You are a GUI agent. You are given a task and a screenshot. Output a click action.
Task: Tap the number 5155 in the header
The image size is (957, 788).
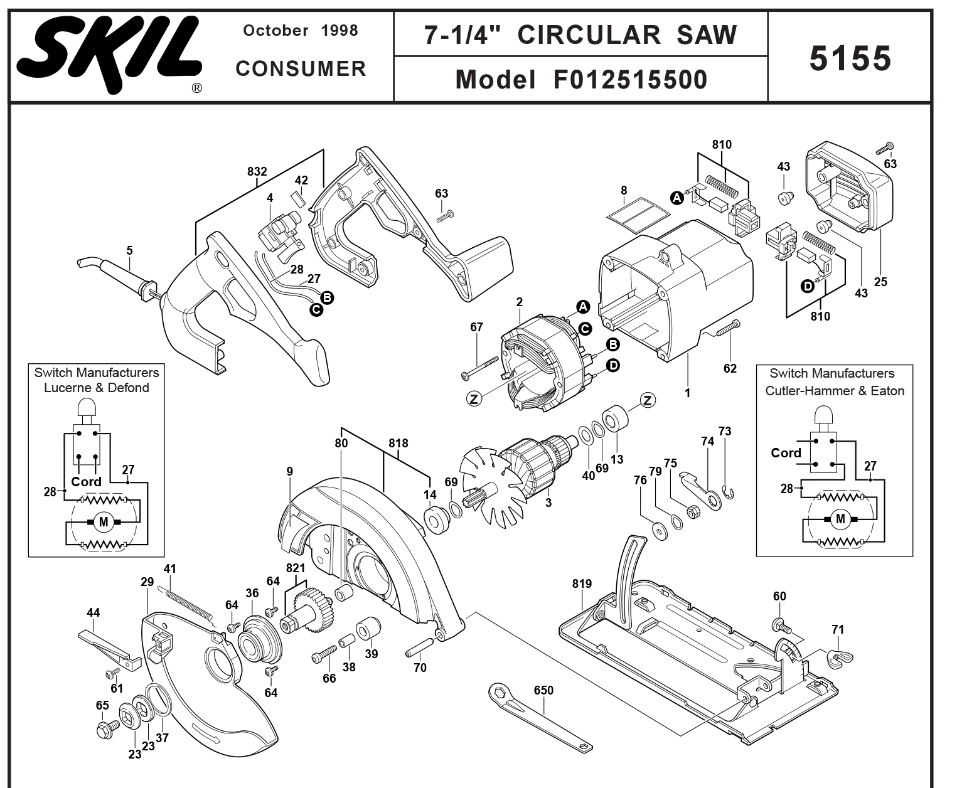[x=850, y=58]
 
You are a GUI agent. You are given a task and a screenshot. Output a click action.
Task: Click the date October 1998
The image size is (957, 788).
[x=300, y=30]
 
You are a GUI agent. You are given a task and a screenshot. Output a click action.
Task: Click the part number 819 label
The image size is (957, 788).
[x=582, y=584]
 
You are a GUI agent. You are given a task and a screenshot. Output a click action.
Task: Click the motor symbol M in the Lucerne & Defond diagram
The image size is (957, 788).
[x=104, y=521]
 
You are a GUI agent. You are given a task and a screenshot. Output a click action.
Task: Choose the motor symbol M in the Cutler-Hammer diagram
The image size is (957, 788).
[x=840, y=519]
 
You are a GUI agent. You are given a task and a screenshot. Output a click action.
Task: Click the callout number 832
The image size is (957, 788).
[x=257, y=171]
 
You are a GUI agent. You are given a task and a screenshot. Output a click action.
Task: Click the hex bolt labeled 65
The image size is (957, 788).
[x=105, y=730]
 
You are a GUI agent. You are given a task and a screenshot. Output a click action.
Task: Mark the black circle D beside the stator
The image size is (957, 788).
[x=612, y=365]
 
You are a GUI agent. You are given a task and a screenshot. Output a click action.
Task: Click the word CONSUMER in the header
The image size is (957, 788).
[x=301, y=69]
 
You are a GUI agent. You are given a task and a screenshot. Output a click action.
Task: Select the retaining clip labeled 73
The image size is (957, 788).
[x=729, y=493]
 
